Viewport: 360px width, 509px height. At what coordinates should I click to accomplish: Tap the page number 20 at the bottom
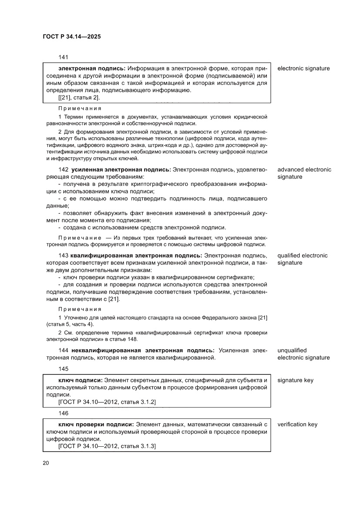click(46, 462)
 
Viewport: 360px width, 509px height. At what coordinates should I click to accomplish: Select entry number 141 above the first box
click(63, 57)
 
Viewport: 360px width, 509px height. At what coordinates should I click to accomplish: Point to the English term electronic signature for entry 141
click(303, 68)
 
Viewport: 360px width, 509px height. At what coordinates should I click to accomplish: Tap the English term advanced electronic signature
click(304, 173)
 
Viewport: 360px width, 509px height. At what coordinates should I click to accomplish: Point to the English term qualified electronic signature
click(302, 259)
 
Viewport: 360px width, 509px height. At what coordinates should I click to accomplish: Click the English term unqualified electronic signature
click(303, 354)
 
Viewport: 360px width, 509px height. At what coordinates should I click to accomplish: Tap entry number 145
click(63, 369)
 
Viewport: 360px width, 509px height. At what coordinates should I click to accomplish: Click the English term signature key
click(295, 380)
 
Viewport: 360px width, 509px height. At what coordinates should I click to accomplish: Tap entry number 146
click(63, 413)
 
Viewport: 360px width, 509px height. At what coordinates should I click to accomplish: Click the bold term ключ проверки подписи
click(96, 425)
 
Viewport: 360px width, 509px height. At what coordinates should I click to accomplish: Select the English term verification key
click(297, 425)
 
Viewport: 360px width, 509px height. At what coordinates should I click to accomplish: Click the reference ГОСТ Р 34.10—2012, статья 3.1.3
click(107, 447)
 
